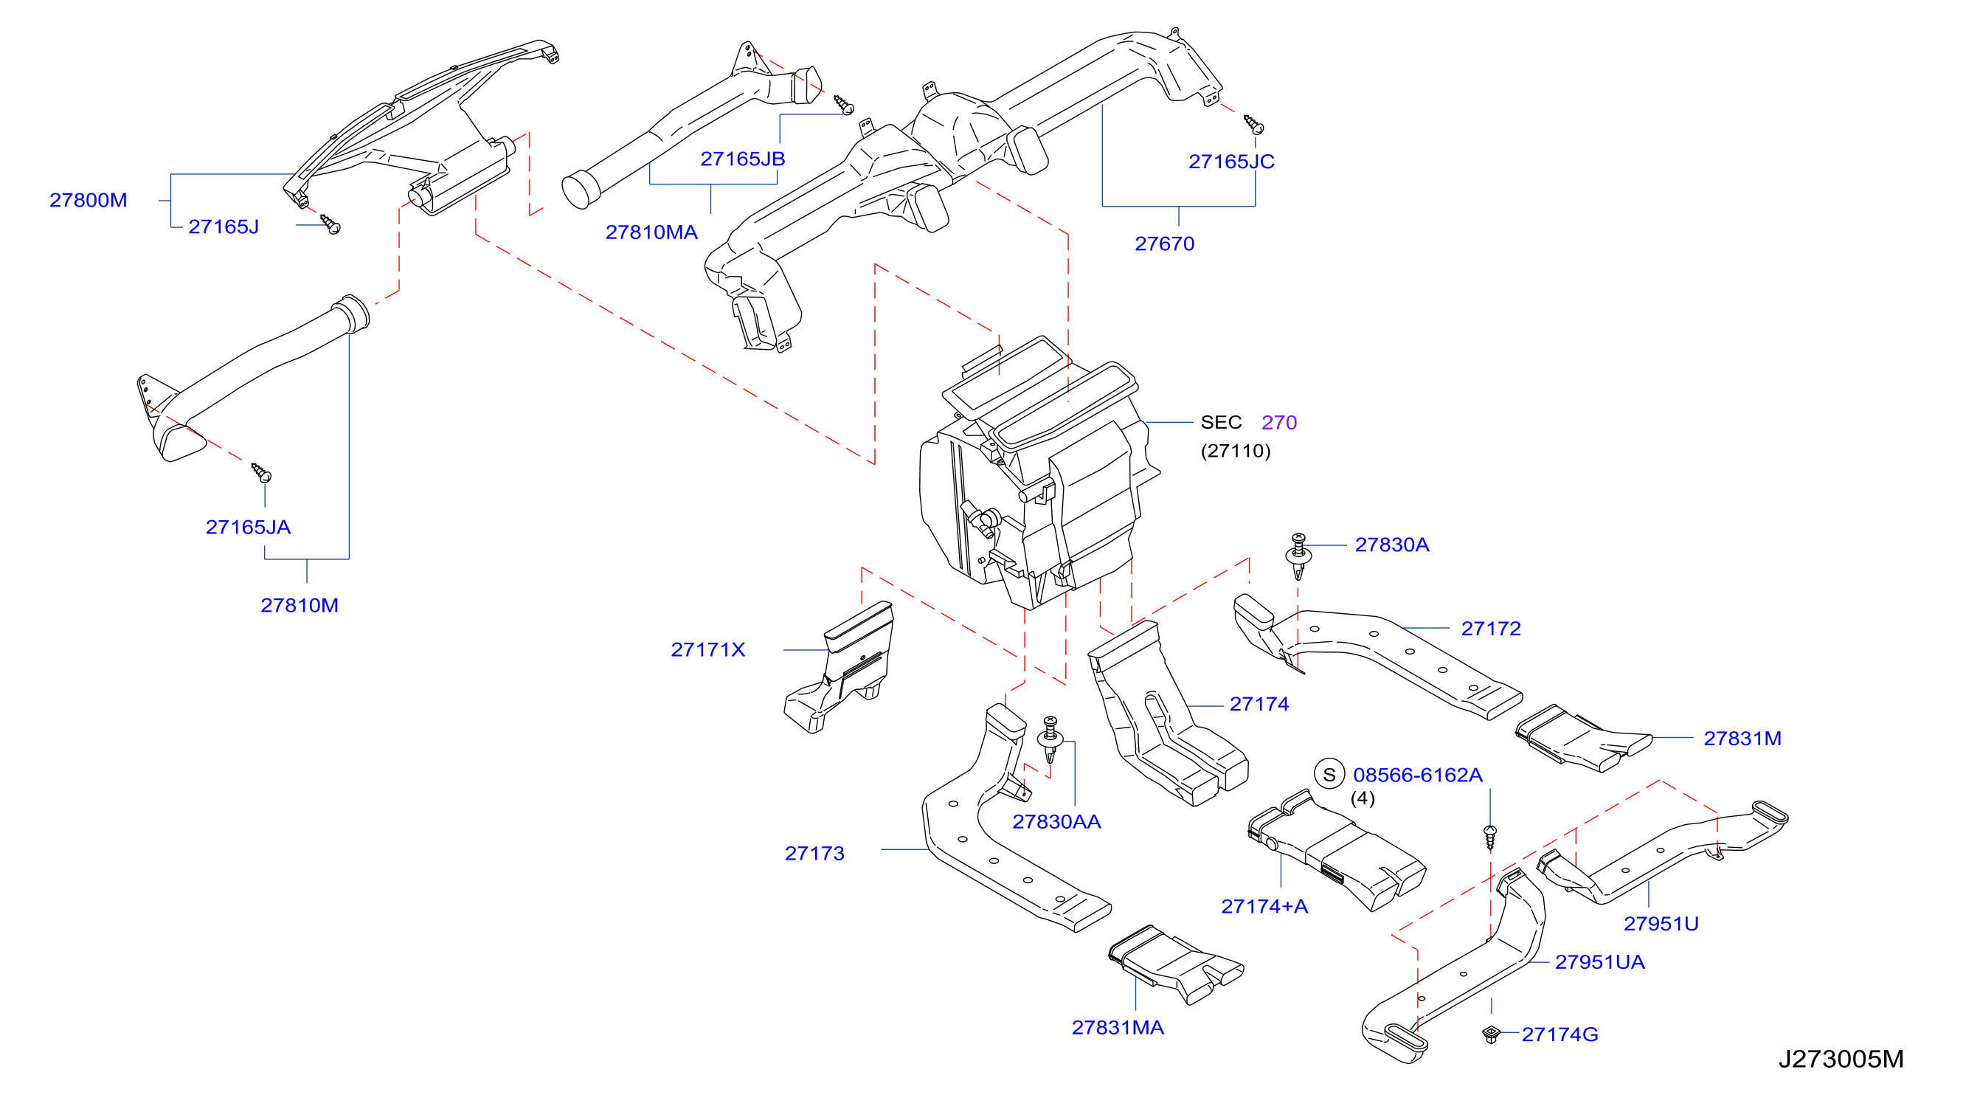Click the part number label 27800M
coord(89,200)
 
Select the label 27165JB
coord(742,159)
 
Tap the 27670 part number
coord(1165,243)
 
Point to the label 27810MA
coord(652,232)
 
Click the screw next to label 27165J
coord(330,224)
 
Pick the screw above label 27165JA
coord(261,472)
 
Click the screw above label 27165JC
coord(1253,125)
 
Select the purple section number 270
coord(1279,422)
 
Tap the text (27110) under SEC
coord(1236,451)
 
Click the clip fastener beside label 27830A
coord(1298,555)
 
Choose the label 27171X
coord(708,650)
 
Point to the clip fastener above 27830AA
coord(1050,739)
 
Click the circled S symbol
coord(1330,774)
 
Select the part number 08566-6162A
coord(1418,775)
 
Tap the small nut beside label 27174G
coord(1491,1034)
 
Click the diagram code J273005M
coord(1841,1060)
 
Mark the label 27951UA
coord(1600,962)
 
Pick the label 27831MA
coord(1118,1027)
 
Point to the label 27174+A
coord(1264,907)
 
